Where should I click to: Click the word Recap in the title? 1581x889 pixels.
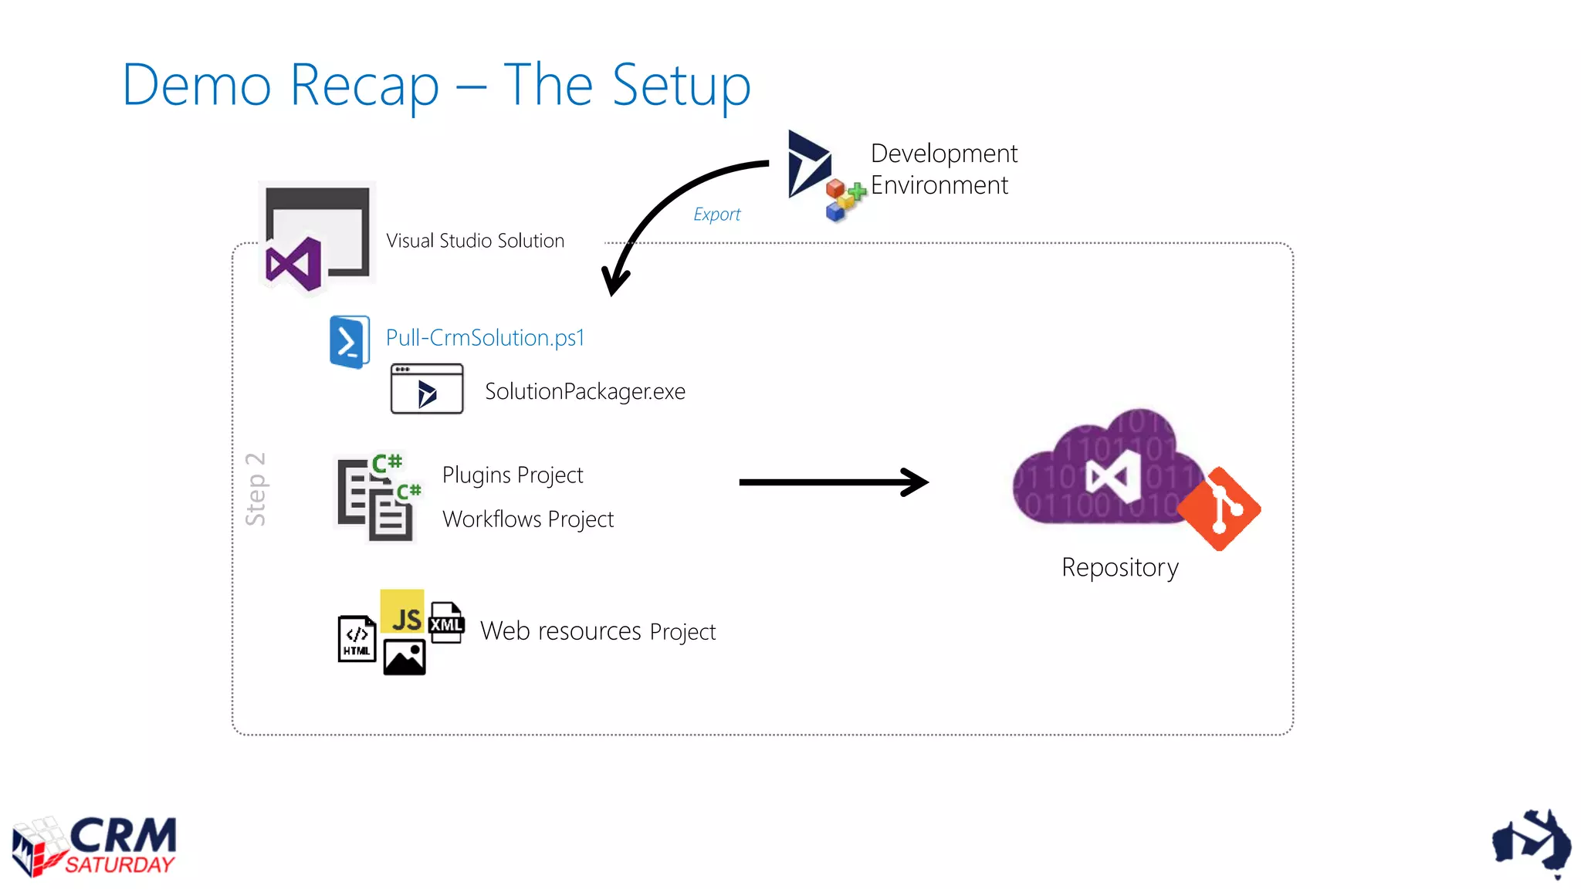click(364, 86)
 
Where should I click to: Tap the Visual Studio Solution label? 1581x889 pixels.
click(475, 241)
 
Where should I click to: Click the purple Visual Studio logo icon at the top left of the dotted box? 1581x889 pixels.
click(293, 265)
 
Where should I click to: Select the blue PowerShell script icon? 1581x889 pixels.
click(349, 341)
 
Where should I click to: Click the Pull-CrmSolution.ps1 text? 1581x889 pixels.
click(485, 338)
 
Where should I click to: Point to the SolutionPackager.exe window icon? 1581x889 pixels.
click(427, 390)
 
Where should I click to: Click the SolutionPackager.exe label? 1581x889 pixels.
click(584, 392)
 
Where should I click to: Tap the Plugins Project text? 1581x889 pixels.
click(513, 475)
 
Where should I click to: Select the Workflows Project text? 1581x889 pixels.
click(528, 519)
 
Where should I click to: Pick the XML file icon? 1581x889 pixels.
click(446, 623)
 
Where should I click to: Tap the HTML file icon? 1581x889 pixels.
click(357, 639)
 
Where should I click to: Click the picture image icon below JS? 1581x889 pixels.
click(405, 657)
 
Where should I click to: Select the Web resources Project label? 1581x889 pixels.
click(598, 632)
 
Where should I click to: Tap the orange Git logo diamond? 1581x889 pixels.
click(1220, 509)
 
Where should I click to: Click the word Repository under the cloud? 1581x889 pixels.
click(1119, 568)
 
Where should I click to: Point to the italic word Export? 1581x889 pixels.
click(716, 215)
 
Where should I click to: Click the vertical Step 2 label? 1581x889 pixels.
click(256, 489)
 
